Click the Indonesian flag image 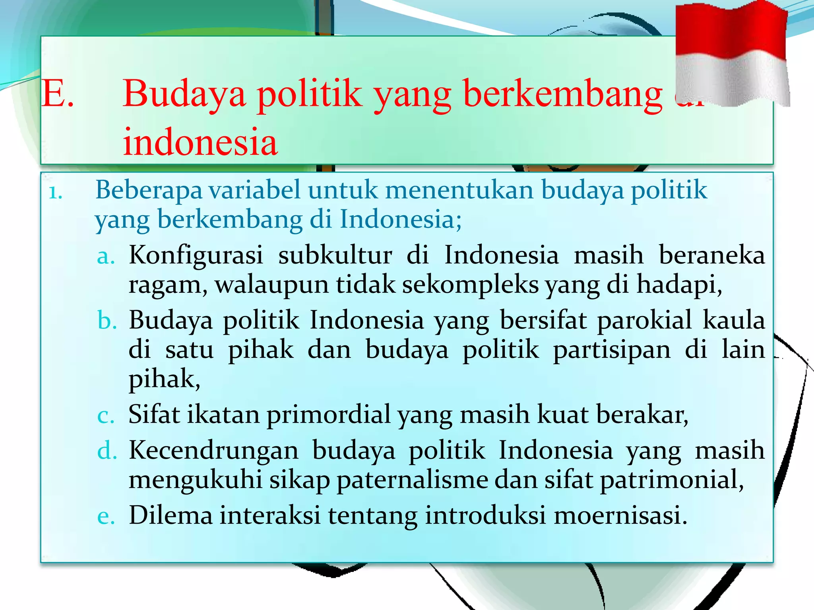(733, 54)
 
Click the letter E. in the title (58, 94)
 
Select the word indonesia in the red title (200, 142)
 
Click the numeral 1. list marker (56, 193)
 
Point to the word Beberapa (149, 190)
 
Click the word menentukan (459, 190)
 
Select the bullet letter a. (106, 257)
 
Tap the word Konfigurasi (196, 255)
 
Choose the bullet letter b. (107, 321)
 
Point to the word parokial (644, 320)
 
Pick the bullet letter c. (106, 416)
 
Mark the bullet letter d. (107, 451)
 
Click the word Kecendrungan (213, 451)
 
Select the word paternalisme (412, 480)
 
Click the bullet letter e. (106, 517)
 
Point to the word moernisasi (620, 515)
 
